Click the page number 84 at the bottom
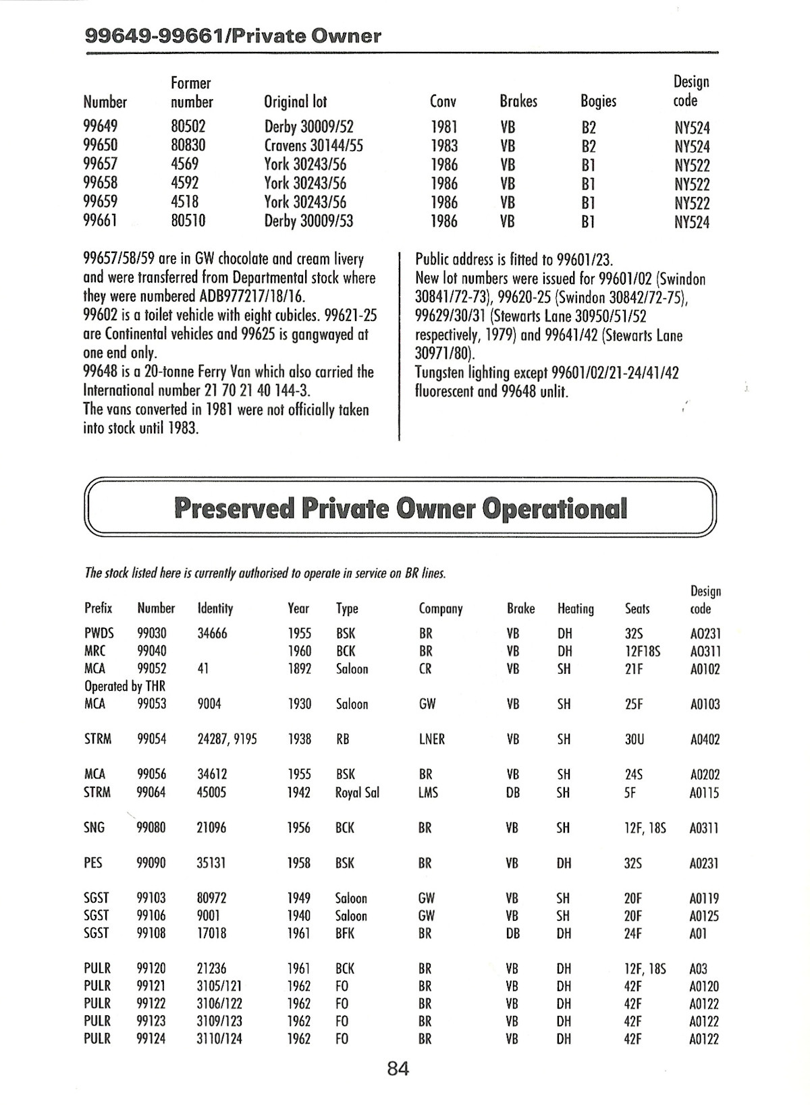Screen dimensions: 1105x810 (398, 1069)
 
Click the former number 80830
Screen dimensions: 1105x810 (188, 146)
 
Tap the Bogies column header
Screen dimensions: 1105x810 (598, 101)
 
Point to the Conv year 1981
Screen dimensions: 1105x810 (443, 127)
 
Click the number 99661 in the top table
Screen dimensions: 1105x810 (100, 221)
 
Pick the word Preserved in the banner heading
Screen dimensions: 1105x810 (234, 508)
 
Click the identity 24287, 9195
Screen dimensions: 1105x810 (227, 739)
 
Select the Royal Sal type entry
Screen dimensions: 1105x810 (357, 793)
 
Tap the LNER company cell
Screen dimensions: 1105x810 (431, 739)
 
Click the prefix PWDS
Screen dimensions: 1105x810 (99, 633)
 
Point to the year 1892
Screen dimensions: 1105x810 (299, 669)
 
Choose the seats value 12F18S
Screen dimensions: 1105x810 (643, 652)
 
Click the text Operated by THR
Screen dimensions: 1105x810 (125, 687)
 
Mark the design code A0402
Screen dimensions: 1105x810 (705, 739)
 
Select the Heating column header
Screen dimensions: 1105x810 (575, 609)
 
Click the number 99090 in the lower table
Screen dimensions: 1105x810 (151, 863)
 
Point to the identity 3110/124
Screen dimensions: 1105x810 (219, 1039)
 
